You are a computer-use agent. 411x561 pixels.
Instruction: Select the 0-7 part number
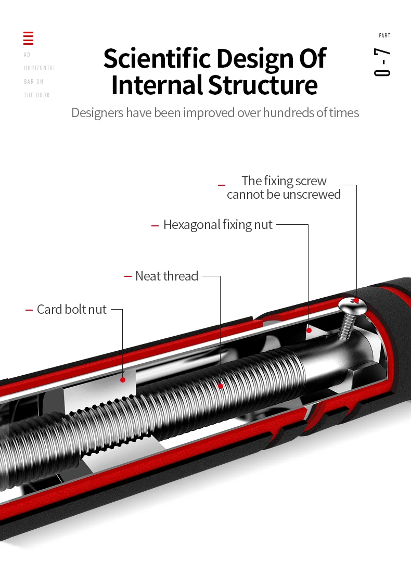pos(382,62)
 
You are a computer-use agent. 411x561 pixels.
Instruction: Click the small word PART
pos(384,36)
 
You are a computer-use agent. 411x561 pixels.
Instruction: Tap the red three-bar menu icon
pos(29,38)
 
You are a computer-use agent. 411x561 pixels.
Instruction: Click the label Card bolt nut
pos(72,310)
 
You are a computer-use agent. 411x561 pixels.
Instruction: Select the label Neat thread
pos(166,276)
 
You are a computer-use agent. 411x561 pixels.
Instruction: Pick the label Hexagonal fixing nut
pos(218,225)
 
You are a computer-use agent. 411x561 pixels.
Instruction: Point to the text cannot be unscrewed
pos(284,195)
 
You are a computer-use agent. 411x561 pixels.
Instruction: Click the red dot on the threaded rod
pos(221,386)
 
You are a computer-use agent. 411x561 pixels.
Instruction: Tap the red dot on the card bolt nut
pos(123,379)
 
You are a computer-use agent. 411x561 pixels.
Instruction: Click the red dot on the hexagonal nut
pos(309,330)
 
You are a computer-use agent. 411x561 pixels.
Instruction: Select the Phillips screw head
pos(352,303)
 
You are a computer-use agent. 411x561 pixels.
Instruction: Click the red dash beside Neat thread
pos(128,276)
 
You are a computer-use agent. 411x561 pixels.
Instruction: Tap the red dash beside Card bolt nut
pos(29,310)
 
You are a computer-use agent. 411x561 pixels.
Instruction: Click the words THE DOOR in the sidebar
pos(37,95)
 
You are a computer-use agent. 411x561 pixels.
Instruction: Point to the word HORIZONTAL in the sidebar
pos(40,68)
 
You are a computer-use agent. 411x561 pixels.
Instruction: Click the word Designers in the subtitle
pos(97,112)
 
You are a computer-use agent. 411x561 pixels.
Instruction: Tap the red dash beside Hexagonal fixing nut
pos(155,225)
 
